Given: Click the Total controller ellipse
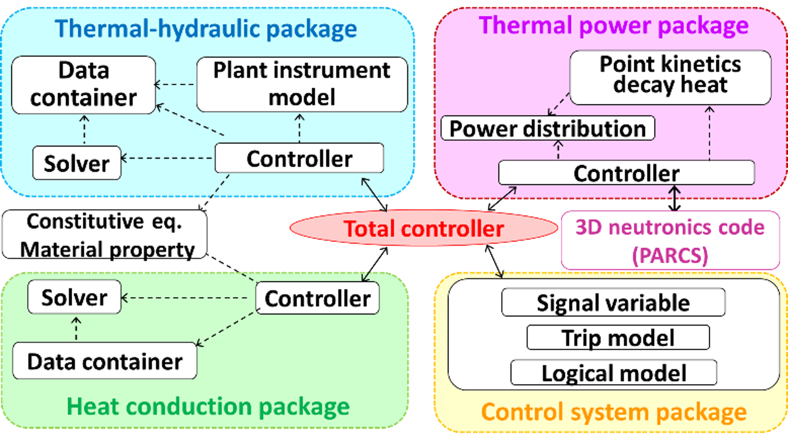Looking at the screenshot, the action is pyautogui.click(x=424, y=228).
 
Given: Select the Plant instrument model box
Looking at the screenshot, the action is pyautogui.click(x=302, y=84).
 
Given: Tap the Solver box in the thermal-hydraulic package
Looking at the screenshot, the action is pyautogui.click(x=77, y=163).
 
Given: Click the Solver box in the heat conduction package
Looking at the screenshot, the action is pyautogui.click(x=74, y=297).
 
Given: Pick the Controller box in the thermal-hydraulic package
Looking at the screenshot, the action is pyautogui.click(x=299, y=158).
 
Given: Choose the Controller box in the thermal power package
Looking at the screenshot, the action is pyautogui.click(x=626, y=173).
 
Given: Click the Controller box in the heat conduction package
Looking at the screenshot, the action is pyautogui.click(x=317, y=298).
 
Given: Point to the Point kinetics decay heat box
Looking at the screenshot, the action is pyautogui.click(x=670, y=77).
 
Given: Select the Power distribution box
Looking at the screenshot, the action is pyautogui.click(x=548, y=128).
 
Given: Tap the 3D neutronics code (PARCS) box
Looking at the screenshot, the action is pyautogui.click(x=670, y=240).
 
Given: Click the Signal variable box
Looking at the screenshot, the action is pyautogui.click(x=613, y=302).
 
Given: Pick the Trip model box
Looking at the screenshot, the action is pyautogui.click(x=618, y=338).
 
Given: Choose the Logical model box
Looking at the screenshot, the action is pyautogui.click(x=614, y=373).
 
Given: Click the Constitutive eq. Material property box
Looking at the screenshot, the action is pyautogui.click(x=105, y=234).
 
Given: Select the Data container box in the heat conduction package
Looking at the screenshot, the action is pyautogui.click(x=105, y=361).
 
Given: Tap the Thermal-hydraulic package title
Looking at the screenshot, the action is pyautogui.click(x=206, y=28).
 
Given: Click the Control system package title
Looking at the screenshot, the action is pyautogui.click(x=614, y=412).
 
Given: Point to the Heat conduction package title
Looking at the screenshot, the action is pyautogui.click(x=208, y=406).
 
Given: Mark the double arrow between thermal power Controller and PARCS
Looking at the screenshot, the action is pyautogui.click(x=674, y=198).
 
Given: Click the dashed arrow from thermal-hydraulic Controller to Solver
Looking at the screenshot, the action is pyautogui.click(x=167, y=158).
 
